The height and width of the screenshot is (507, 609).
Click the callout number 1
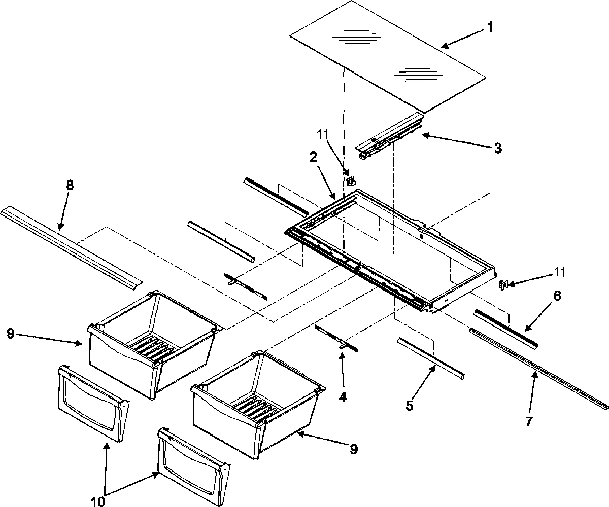pos(489,27)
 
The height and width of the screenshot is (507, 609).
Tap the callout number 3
pos(498,148)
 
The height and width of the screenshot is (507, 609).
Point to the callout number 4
pos(343,397)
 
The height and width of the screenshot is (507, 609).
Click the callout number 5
pos(410,406)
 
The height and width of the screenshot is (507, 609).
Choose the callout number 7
pos(529,420)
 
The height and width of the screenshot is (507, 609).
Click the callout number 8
pos(70,186)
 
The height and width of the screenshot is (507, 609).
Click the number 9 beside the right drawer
pos(354,448)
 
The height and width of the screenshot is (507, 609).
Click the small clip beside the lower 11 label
pos(503,285)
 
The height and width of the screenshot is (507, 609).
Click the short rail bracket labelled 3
pos(389,136)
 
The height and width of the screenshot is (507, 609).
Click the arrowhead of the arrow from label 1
pos(443,46)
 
